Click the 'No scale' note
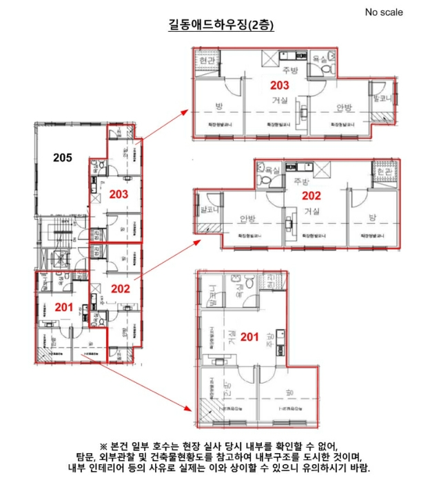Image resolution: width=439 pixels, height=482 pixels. click(384, 12)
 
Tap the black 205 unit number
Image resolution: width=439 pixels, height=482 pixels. click(63, 158)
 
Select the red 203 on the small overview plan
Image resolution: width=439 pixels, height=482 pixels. click(119, 194)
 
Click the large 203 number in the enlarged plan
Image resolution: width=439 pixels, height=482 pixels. click(278, 85)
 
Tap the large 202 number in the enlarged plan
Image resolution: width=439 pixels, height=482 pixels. click(312, 195)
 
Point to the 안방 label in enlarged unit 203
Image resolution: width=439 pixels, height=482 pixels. click(343, 107)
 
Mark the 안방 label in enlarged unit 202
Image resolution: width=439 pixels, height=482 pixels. click(248, 218)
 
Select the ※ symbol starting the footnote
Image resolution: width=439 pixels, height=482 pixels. click(104, 445)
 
